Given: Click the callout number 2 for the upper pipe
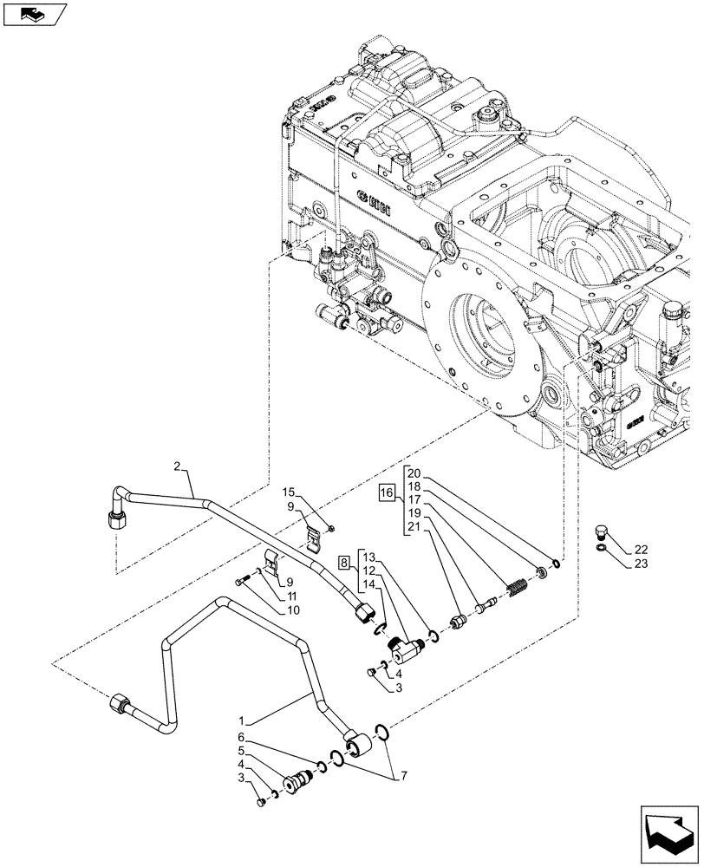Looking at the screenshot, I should tap(177, 467).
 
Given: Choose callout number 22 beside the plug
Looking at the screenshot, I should tap(640, 550).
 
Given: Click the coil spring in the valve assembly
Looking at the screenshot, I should tap(518, 587).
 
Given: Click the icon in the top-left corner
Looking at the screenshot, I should tap(36, 15).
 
